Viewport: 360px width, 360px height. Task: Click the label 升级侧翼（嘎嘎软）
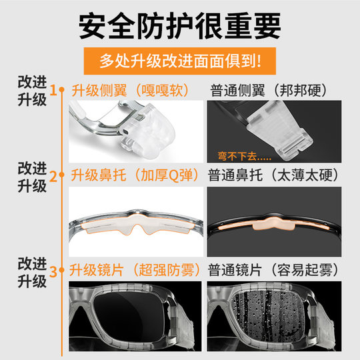[x=130, y=89]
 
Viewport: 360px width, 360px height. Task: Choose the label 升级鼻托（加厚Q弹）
[x=134, y=177]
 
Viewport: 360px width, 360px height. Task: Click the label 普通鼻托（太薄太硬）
[x=275, y=177]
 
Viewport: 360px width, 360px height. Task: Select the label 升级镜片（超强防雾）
[x=134, y=271]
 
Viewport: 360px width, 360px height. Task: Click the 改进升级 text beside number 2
[x=32, y=177]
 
